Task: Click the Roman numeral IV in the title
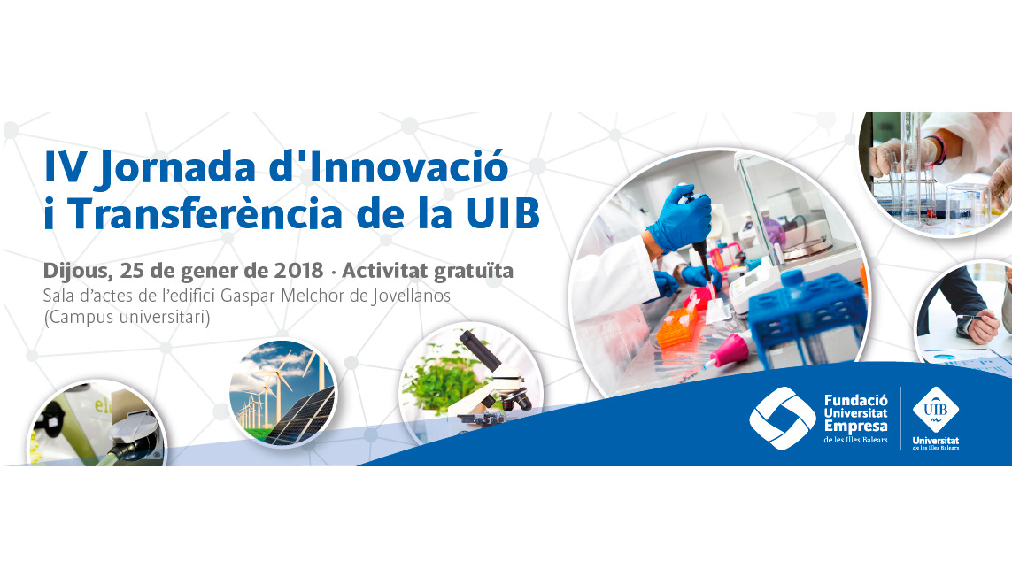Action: [66, 167]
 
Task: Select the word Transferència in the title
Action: [205, 213]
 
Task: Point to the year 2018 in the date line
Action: [298, 270]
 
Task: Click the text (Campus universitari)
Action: [127, 318]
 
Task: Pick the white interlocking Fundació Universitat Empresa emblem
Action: [782, 418]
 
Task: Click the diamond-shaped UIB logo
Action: [935, 410]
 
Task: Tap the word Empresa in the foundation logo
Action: [856, 427]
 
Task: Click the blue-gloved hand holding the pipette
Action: [680, 218]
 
